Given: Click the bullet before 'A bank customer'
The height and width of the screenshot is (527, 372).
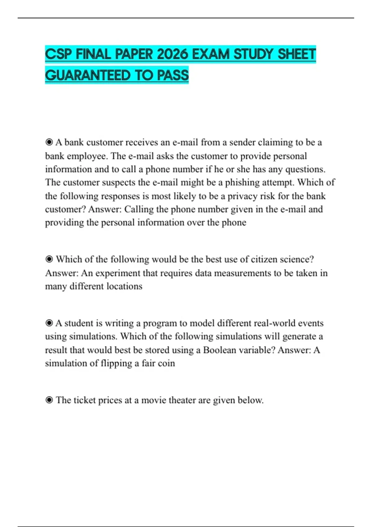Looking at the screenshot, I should click(x=49, y=142).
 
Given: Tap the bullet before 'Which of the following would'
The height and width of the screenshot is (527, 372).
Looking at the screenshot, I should click(x=49, y=259).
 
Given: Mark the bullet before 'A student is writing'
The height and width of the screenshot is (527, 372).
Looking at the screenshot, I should click(x=49, y=323).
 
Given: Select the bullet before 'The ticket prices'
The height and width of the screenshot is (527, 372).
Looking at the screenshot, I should click(x=49, y=400).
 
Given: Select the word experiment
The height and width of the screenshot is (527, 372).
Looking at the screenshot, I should click(x=118, y=273).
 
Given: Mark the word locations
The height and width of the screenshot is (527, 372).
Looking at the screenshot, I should click(x=124, y=286).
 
